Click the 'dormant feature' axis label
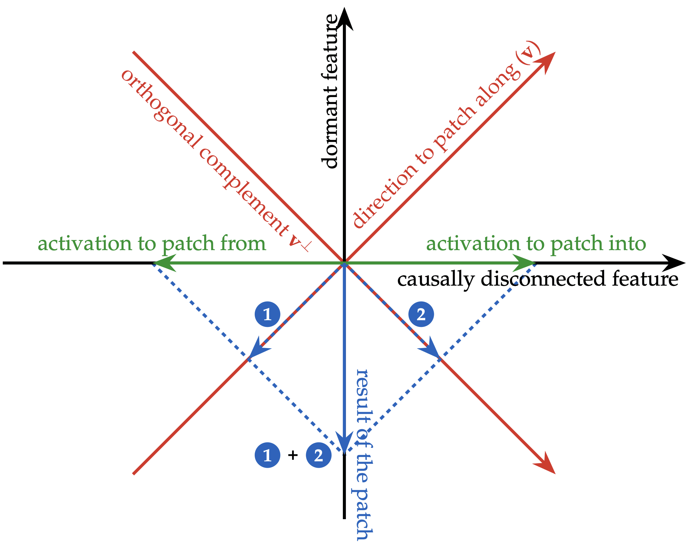tap(329, 92)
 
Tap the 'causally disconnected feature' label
tap(538, 279)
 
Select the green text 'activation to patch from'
tap(152, 244)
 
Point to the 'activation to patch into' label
tap(536, 244)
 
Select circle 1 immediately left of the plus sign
tap(267, 455)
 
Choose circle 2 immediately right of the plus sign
tap(319, 455)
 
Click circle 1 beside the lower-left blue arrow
tap(267, 314)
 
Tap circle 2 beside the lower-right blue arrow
tap(421, 314)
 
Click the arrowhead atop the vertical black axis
tap(344, 19)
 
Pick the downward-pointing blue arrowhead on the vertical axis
tap(344, 443)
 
